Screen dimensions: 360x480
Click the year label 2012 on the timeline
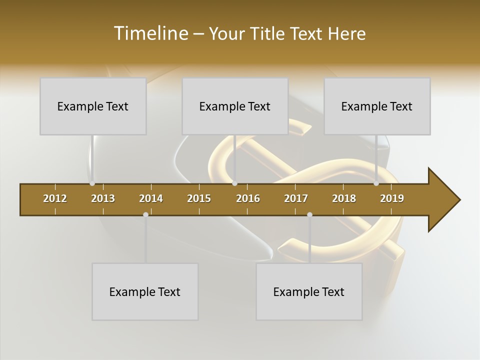click(x=55, y=198)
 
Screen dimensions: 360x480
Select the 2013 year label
click(x=103, y=198)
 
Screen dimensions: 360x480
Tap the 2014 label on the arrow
click(x=151, y=198)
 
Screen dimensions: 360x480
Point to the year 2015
click(x=199, y=198)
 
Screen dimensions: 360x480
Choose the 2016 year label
click(x=248, y=198)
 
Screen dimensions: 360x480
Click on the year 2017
click(x=296, y=198)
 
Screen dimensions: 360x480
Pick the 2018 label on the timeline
click(x=344, y=198)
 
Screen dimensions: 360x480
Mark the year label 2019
click(x=392, y=198)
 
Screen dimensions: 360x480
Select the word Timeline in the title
click(x=150, y=33)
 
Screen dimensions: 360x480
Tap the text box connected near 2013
click(x=93, y=106)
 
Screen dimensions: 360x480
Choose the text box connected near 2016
click(x=235, y=106)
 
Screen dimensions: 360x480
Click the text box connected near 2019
click(x=377, y=106)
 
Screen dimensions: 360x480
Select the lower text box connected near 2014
click(x=145, y=291)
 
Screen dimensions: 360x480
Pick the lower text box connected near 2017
click(x=309, y=291)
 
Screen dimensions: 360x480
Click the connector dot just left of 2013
click(x=92, y=183)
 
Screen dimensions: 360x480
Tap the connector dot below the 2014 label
click(x=145, y=214)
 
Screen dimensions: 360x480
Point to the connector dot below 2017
click(x=309, y=214)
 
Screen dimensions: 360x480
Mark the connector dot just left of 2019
click(x=376, y=183)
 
